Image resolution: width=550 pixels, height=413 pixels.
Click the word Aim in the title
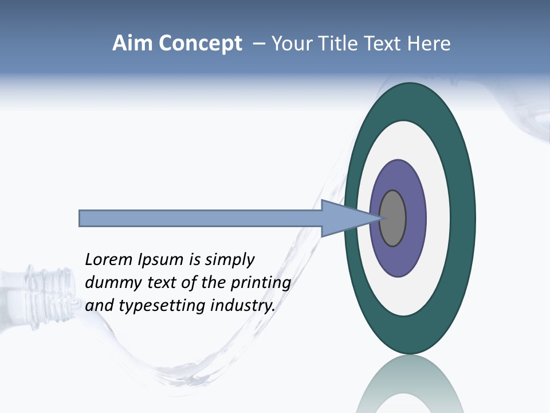132,44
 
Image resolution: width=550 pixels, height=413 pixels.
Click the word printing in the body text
260,283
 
